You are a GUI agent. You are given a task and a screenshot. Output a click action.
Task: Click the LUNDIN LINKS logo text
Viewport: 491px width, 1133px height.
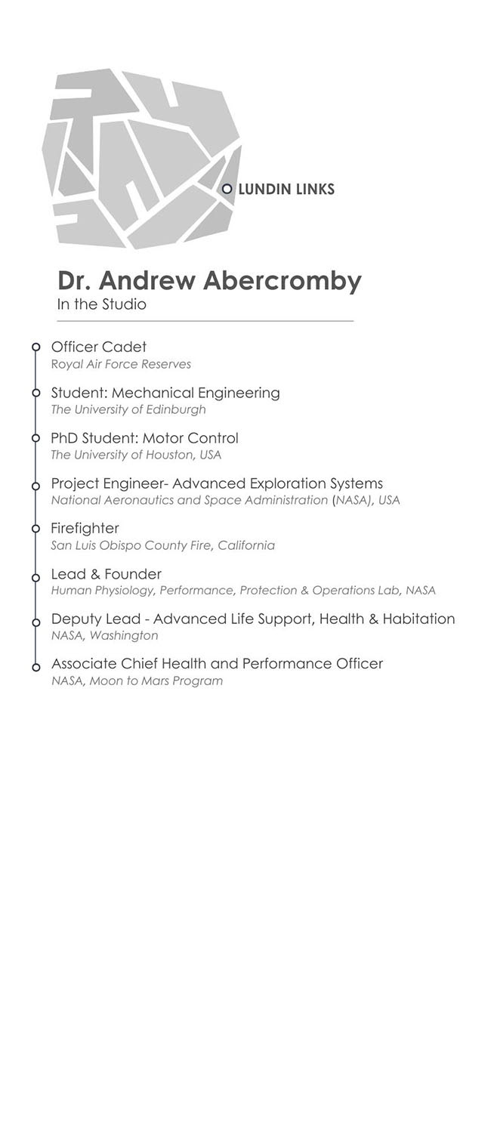286,189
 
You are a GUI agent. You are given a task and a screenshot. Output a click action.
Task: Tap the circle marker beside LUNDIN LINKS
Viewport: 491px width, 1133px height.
227,189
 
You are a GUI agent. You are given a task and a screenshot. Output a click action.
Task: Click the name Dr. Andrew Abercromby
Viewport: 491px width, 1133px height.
209,280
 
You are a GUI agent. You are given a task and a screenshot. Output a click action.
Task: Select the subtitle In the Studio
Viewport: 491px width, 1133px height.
101,304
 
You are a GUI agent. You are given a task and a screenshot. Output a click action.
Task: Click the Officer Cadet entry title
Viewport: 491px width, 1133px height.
98,347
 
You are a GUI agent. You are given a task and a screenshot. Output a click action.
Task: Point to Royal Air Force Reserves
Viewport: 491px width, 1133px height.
121,364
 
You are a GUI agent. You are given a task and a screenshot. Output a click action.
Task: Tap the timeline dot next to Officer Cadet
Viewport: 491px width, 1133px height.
36,347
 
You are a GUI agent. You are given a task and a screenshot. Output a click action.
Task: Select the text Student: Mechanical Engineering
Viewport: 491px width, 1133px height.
165,393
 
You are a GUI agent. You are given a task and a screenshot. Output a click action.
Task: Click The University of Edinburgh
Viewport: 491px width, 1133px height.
128,409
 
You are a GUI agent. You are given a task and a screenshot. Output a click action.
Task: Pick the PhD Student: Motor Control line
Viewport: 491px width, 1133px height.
144,438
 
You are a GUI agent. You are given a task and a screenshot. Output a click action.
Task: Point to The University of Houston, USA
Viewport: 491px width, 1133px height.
136,455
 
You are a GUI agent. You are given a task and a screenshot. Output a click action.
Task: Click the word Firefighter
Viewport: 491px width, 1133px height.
85,528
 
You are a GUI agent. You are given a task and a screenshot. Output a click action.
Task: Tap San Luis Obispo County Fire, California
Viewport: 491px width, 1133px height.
162,545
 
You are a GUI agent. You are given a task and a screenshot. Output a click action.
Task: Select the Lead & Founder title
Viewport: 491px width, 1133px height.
106,574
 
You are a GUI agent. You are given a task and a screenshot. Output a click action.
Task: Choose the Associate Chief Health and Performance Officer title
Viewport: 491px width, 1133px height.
217,663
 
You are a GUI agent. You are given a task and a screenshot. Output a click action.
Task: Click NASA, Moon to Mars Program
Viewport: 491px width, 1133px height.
137,681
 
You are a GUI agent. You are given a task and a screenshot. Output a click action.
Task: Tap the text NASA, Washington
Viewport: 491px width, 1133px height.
104,635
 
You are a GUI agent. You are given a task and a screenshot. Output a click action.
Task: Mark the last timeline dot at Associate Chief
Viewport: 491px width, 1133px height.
36,667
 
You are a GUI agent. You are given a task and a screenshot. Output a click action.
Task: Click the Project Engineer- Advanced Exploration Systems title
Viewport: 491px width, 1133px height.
217,483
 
